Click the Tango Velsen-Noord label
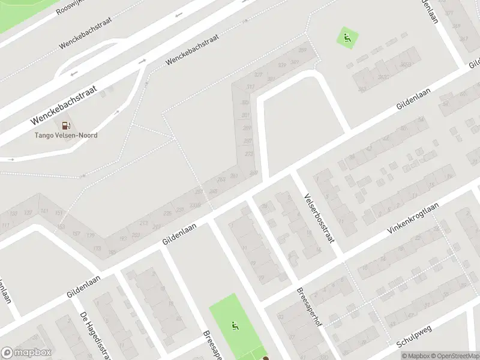click(x=65, y=135)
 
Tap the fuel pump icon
click(x=65, y=125)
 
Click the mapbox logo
click(x=26, y=353)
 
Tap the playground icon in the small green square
click(x=347, y=38)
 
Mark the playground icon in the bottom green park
click(x=235, y=327)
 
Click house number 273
click(x=249, y=154)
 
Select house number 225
click(x=167, y=214)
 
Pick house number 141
click(x=44, y=211)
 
